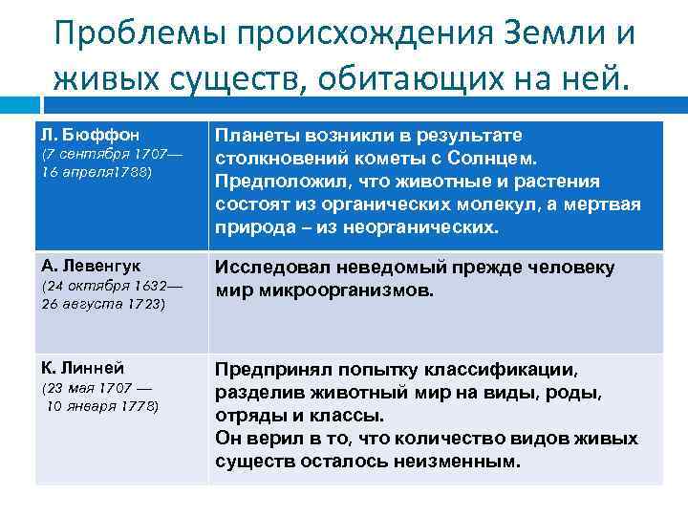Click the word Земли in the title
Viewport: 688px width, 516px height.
pos(525,32)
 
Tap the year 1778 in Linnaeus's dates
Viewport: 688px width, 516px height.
pos(140,406)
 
